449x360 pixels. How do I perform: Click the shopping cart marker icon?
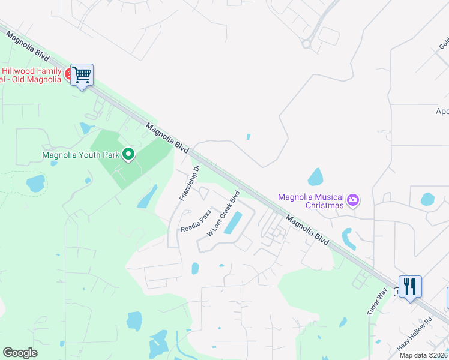click(x=82, y=75)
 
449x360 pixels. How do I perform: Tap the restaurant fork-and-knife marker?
click(x=410, y=286)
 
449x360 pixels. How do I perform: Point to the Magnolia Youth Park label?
click(x=80, y=155)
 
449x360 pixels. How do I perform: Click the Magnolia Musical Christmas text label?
click(x=311, y=201)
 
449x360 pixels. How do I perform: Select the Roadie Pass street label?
click(x=196, y=221)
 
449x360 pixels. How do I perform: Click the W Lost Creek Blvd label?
click(x=223, y=213)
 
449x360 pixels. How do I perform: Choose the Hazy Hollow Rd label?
click(x=415, y=334)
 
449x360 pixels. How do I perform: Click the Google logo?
click(x=20, y=353)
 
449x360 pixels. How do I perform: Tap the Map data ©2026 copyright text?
click(x=424, y=355)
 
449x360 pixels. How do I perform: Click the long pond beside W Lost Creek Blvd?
click(x=232, y=223)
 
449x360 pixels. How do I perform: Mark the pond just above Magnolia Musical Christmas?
click(x=315, y=177)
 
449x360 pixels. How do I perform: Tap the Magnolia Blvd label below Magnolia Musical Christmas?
click(x=307, y=229)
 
